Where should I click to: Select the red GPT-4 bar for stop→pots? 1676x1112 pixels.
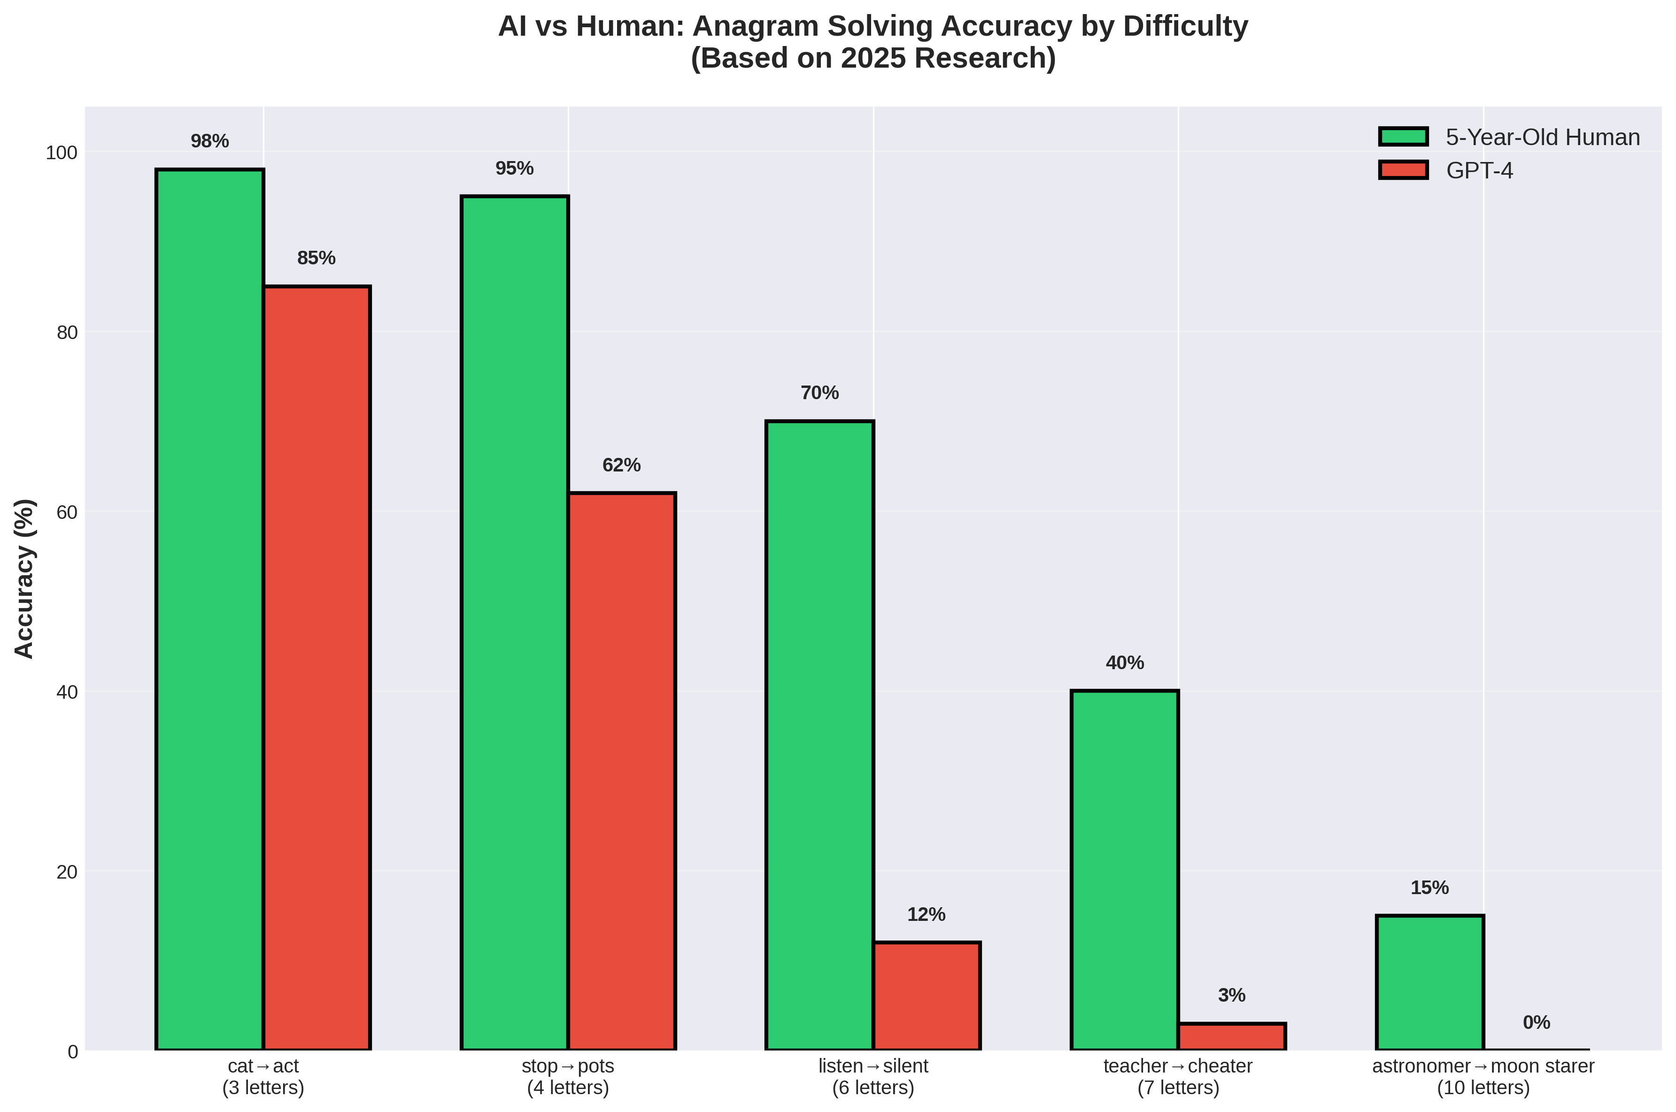(621, 771)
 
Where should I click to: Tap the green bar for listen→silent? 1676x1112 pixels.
(819, 735)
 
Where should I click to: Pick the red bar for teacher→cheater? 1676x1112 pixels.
(1231, 1037)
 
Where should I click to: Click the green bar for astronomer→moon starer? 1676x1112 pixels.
(1429, 983)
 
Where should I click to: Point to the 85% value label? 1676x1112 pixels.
(316, 258)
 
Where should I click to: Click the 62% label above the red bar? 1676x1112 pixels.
(621, 465)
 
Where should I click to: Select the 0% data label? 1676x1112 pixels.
(1537, 1023)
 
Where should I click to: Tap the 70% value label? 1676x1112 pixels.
(819, 393)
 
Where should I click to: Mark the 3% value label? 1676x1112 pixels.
(1231, 995)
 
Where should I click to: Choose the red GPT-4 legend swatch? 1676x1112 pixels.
(1403, 170)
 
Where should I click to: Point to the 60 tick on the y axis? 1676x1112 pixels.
(67, 512)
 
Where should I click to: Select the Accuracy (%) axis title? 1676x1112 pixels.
(25, 578)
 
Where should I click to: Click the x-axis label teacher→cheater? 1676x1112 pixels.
(1178, 1066)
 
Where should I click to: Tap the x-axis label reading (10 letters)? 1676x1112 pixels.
(1483, 1088)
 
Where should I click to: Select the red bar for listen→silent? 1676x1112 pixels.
(926, 996)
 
